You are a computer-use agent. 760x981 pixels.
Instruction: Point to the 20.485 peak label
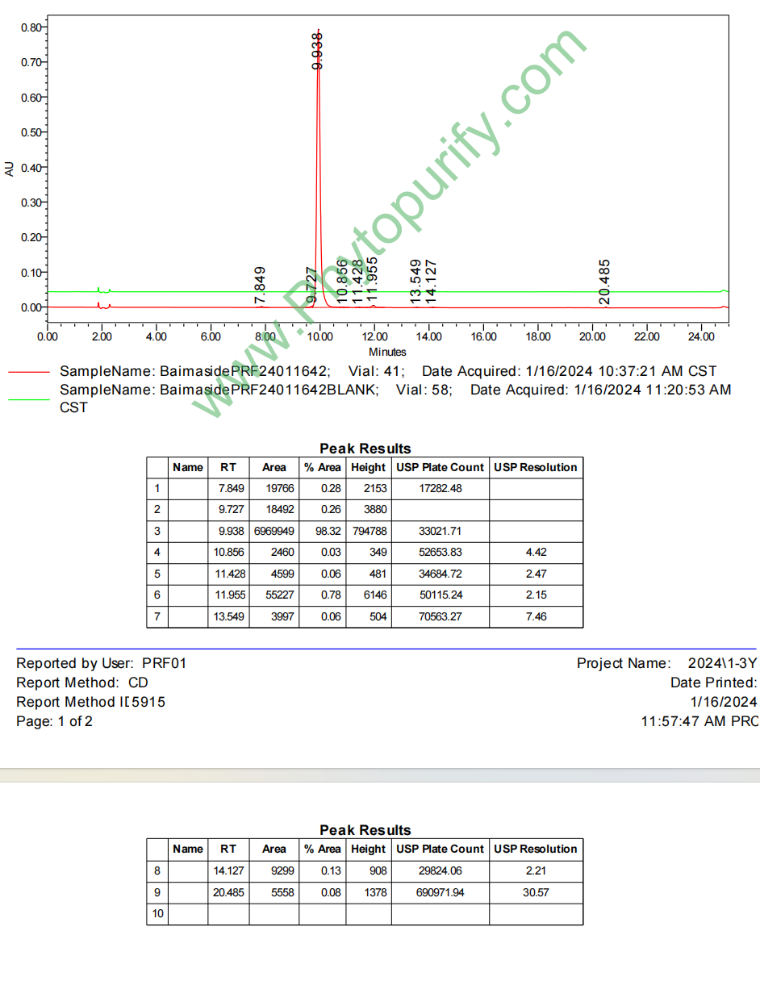pyautogui.click(x=605, y=282)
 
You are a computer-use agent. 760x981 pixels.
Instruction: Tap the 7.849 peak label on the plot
pyautogui.click(x=260, y=285)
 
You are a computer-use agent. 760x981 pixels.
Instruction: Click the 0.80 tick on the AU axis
pyautogui.click(x=31, y=27)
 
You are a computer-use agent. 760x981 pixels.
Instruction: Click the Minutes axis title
pyautogui.click(x=387, y=352)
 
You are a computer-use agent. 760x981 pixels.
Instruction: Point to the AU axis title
pyautogui.click(x=10, y=169)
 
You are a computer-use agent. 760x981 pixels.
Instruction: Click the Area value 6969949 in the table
pyautogui.click(x=274, y=531)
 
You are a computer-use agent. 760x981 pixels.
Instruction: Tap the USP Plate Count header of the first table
pyautogui.click(x=440, y=467)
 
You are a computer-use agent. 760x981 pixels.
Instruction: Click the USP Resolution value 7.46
pyautogui.click(x=536, y=616)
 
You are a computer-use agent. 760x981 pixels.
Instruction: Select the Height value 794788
pyautogui.click(x=368, y=531)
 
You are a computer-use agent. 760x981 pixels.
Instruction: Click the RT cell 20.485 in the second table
pyautogui.click(x=228, y=891)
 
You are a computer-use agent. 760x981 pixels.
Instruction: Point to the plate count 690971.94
pyautogui.click(x=440, y=891)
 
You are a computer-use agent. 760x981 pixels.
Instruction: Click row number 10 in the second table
pyautogui.click(x=157, y=913)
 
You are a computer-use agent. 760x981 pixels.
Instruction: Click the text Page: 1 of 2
pyautogui.click(x=54, y=721)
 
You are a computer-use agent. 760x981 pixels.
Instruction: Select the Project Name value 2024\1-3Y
pyautogui.click(x=722, y=663)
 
